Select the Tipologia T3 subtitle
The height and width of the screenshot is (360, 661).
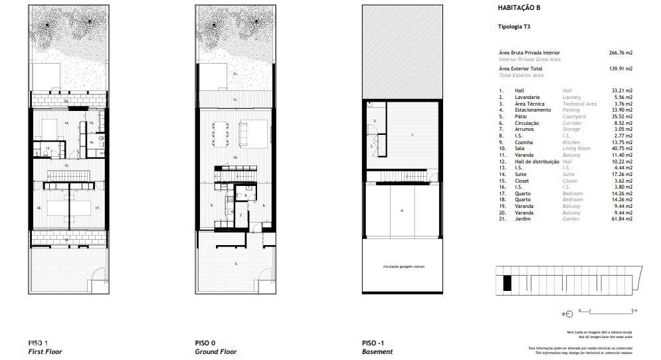tap(513, 27)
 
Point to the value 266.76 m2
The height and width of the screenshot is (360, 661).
tap(620, 52)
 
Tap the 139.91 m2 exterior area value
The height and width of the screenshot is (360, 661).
tap(620, 68)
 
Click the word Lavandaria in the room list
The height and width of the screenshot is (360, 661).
tap(526, 97)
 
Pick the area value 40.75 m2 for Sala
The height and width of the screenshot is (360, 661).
tap(622, 149)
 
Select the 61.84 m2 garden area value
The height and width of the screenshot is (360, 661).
tap(622, 219)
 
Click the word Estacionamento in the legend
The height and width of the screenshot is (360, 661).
tap(531, 110)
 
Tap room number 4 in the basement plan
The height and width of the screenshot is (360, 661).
tap(401, 211)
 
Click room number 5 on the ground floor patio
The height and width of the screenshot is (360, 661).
tap(235, 264)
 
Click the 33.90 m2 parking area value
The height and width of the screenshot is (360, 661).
tap(622, 110)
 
